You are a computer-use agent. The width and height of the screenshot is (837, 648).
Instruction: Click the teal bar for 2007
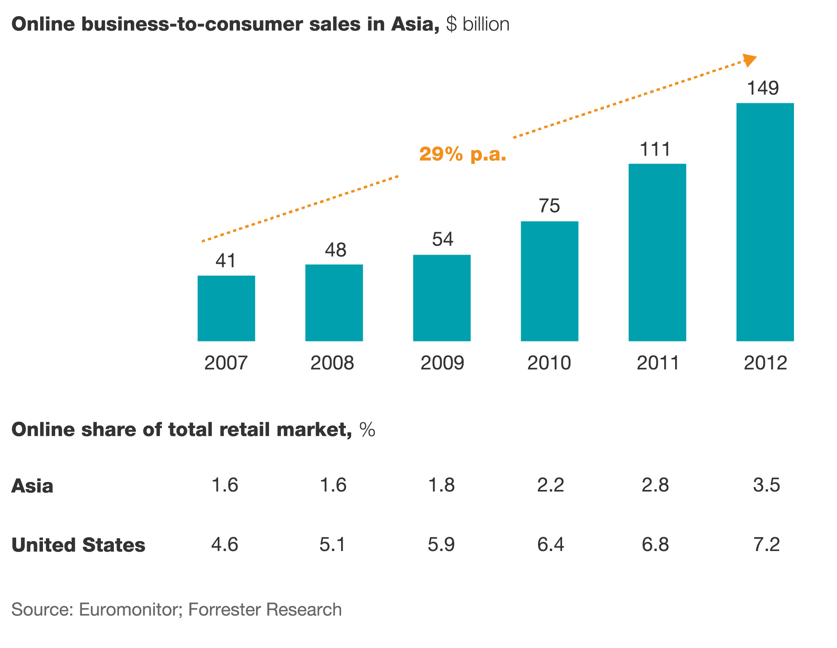[226, 308]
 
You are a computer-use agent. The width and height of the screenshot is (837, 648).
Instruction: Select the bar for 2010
[549, 281]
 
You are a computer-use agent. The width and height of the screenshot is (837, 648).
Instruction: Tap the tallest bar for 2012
[765, 222]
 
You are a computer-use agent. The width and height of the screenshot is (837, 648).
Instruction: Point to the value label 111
[655, 150]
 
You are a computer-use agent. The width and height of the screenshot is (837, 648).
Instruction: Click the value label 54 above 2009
[442, 239]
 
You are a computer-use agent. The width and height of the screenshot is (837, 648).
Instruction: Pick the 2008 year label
[332, 363]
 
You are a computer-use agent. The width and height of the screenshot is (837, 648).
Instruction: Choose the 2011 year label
[658, 363]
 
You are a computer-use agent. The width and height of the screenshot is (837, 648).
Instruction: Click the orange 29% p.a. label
[462, 154]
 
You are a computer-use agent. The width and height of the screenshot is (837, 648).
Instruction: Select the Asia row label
[32, 486]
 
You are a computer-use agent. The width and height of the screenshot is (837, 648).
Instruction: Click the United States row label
[78, 545]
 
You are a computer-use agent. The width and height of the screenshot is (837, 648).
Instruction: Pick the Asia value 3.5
[766, 485]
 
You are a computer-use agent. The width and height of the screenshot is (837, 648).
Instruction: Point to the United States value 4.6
[225, 545]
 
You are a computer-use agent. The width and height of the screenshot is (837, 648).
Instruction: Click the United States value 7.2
[766, 545]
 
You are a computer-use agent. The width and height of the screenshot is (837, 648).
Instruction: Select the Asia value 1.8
[441, 485]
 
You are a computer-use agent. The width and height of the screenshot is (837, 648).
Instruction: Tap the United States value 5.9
[441, 545]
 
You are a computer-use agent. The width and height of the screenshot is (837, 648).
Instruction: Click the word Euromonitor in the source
[130, 610]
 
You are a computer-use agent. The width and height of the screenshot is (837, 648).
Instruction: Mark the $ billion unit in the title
[478, 24]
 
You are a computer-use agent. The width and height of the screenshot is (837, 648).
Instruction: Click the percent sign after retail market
[367, 430]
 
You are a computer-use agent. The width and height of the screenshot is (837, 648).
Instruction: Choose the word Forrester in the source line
[225, 610]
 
